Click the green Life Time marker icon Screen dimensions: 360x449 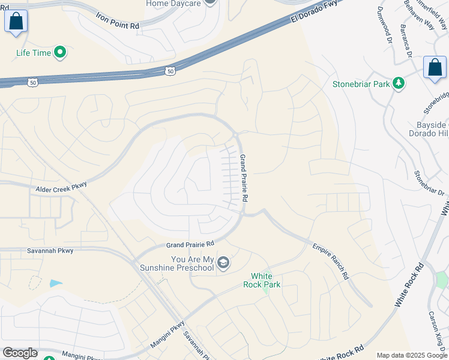59,53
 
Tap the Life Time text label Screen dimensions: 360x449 34,53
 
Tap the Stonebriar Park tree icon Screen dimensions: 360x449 398,84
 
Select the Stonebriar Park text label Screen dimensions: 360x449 361,84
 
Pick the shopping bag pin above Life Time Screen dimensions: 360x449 16,22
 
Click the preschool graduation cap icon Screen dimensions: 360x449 223,263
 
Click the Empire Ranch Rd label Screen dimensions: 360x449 330,261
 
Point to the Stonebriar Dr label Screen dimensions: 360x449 429,184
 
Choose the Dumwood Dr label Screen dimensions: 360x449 382,25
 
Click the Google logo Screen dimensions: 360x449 20,353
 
